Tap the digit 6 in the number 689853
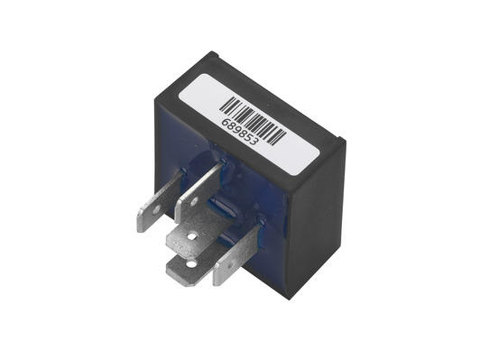[226, 123]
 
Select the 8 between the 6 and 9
[231, 126]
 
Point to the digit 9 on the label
[237, 131]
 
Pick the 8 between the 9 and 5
[244, 134]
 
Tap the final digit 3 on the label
[255, 142]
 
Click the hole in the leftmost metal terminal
[157, 209]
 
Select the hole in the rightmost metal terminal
[231, 263]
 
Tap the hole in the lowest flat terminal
[191, 263]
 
